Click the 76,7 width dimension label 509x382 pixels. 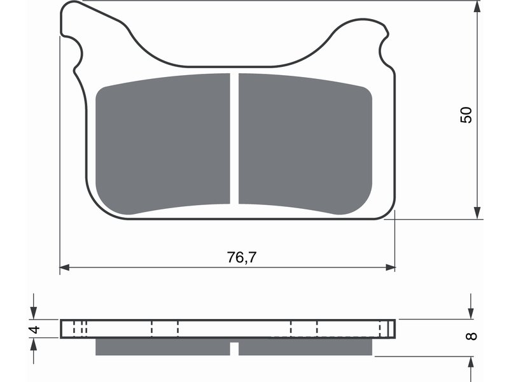242,257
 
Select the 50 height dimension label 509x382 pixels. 466,115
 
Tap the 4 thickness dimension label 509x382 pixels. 34,329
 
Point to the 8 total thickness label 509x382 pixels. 471,336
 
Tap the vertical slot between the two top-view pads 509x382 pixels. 234,138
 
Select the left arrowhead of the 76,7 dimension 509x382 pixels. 65,267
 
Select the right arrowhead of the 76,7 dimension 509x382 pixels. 391,267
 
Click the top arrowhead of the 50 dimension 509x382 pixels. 477,6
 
